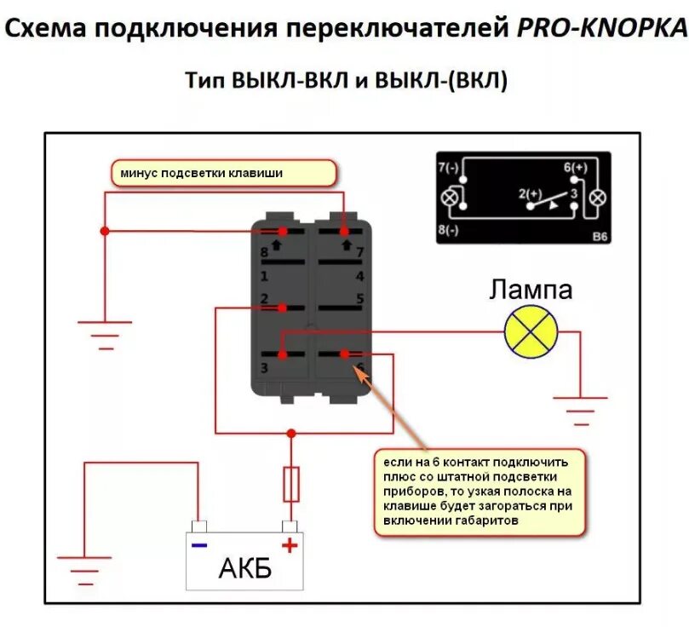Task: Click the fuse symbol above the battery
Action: [290, 484]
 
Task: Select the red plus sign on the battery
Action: [290, 545]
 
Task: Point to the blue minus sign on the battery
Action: [198, 545]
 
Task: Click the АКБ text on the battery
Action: [244, 567]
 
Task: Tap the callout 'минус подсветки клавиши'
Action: [224, 173]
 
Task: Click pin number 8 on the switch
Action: [264, 253]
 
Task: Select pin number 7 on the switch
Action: [359, 253]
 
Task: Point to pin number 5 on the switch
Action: [359, 299]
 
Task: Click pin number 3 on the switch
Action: [264, 368]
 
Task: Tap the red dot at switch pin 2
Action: [281, 308]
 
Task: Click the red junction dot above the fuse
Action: [290, 434]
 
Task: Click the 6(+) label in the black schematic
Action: [576, 168]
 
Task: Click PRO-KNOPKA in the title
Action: [600, 29]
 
